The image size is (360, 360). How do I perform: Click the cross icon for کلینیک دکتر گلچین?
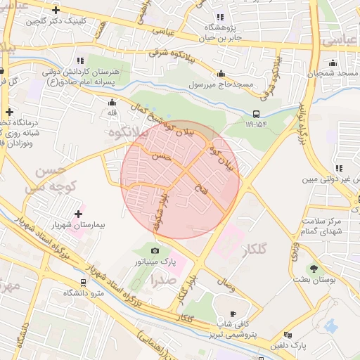tap(56, 10)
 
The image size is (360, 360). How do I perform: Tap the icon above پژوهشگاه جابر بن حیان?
tap(219, 17)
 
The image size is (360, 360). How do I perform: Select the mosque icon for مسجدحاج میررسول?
tap(221, 74)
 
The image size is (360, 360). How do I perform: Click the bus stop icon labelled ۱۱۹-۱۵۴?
tap(256, 114)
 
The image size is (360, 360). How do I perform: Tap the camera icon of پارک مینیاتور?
tap(155, 251)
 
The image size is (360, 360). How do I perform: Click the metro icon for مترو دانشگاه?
tap(84, 282)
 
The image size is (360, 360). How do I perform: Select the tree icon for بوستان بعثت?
tap(314, 269)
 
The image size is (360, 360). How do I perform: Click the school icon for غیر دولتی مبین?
tap(340, 169)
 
